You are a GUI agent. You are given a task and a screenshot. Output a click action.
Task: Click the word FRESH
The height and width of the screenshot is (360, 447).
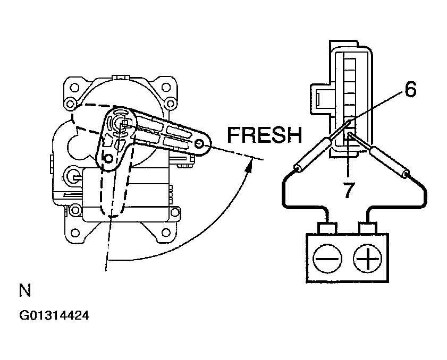[x=264, y=135]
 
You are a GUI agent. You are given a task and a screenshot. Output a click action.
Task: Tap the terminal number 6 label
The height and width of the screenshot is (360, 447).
[x=410, y=89]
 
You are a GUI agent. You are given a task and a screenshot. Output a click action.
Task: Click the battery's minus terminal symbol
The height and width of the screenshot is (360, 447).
[x=327, y=259]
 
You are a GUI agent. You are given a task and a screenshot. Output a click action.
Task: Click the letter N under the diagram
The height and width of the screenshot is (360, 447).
[x=25, y=290]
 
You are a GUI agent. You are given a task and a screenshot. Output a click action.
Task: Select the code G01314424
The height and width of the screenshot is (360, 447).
[x=54, y=315]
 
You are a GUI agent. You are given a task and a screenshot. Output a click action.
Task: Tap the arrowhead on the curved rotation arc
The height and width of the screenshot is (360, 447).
[x=250, y=166]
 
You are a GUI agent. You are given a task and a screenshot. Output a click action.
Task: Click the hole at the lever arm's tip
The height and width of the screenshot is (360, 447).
[x=199, y=144]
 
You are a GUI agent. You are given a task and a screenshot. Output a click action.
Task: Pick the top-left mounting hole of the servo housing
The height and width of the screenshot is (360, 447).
[x=74, y=87]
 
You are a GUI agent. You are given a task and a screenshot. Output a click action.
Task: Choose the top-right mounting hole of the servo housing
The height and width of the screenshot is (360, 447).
[x=166, y=87]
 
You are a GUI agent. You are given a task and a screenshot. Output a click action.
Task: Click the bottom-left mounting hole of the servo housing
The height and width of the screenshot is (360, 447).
[x=75, y=233]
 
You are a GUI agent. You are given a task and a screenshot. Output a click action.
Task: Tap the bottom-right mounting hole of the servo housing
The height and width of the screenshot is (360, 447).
[x=166, y=233]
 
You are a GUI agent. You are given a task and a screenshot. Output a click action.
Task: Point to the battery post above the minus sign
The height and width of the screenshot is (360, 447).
[x=327, y=229]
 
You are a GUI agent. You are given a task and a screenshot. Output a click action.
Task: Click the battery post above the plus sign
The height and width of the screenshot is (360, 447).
[x=368, y=229]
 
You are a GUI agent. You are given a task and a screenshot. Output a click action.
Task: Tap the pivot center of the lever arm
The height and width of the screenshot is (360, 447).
[x=122, y=124]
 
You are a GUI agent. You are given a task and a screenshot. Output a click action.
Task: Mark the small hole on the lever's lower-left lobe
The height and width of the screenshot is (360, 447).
[x=108, y=158]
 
